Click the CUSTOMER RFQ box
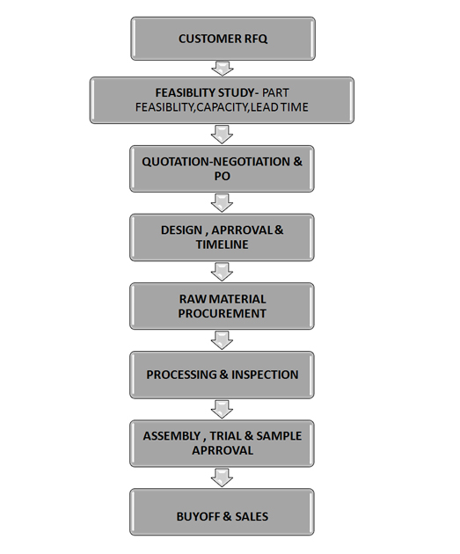coord(223,39)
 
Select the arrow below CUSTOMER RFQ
coord(223,69)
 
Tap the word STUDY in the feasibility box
coord(236,92)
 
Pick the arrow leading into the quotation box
coord(222,134)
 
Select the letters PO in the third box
coord(223,176)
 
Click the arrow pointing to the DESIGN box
coord(222,203)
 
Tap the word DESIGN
coord(181,230)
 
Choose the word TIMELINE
coord(223,244)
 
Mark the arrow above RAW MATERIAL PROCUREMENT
coord(222,272)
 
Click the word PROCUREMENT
coord(223,313)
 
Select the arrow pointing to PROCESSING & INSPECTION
coord(222,340)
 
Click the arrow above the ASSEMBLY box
coord(222,409)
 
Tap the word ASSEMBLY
coord(172,436)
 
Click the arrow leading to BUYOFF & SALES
coord(222,477)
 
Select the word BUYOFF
coord(198,516)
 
